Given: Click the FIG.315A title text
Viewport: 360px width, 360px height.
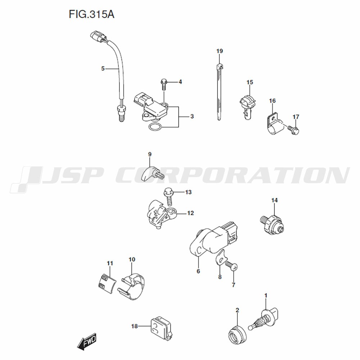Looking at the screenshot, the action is pos(91,14).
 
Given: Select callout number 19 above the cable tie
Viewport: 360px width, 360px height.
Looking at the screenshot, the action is pos(220,51).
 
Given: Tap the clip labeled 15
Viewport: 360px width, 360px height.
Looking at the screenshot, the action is pos(248,107).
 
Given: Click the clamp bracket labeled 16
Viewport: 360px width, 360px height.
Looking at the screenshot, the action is pos(274,123).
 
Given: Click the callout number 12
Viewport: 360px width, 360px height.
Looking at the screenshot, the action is pos(190,213).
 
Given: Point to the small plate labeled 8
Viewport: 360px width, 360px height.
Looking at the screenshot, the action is pos(221,258).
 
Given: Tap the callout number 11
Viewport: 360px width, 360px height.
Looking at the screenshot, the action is pos(110,263).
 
